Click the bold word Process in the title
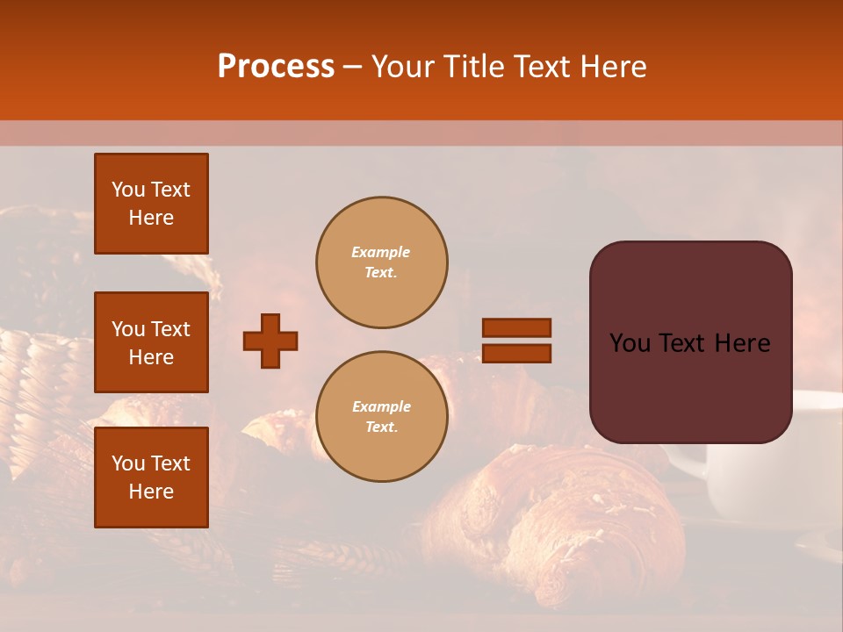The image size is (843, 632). tap(276, 67)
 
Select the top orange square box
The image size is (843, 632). tap(151, 204)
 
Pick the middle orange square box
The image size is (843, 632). tap(151, 342)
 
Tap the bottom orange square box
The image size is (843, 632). tap(151, 478)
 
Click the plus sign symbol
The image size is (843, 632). tap(270, 341)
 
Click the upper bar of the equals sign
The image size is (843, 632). tap(517, 327)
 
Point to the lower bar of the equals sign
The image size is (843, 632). tap(517, 354)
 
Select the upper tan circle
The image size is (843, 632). tap(381, 262)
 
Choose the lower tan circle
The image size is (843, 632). tap(381, 417)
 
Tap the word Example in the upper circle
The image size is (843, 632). tap(381, 252)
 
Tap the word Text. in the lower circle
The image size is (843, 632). tap(381, 427)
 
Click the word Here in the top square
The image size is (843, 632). tap(151, 218)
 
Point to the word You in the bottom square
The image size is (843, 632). tap(128, 463)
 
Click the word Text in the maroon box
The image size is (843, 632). tap(689, 343)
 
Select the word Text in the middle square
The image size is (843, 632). tap(169, 329)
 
